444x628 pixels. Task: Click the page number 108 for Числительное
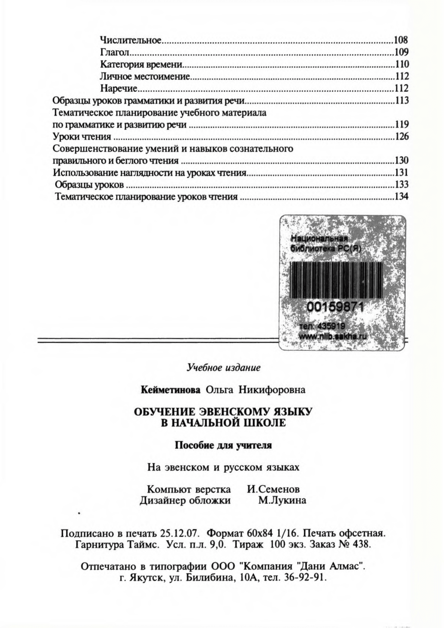click(x=401, y=40)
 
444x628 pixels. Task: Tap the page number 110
click(x=401, y=64)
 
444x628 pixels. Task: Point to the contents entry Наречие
click(x=119, y=88)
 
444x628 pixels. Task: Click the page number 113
click(x=401, y=100)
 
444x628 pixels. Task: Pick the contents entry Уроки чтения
click(x=82, y=136)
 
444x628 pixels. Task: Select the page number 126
click(x=401, y=136)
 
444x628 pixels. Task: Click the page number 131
click(x=401, y=172)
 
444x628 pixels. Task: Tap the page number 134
click(x=401, y=197)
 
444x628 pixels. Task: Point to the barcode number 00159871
click(x=335, y=307)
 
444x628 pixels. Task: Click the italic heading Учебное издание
click(x=223, y=368)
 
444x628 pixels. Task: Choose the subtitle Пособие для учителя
click(x=223, y=445)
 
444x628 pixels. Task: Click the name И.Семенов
click(x=273, y=489)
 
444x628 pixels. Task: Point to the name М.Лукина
click(x=282, y=500)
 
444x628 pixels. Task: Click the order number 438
click(x=360, y=544)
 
